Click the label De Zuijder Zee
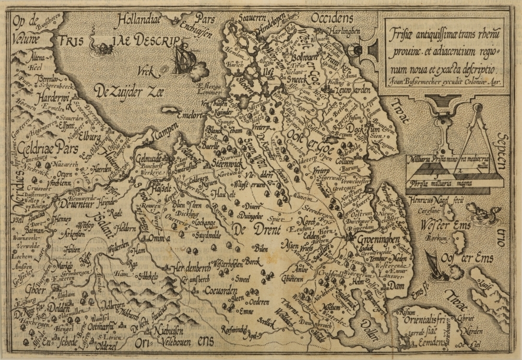tap(129, 92)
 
